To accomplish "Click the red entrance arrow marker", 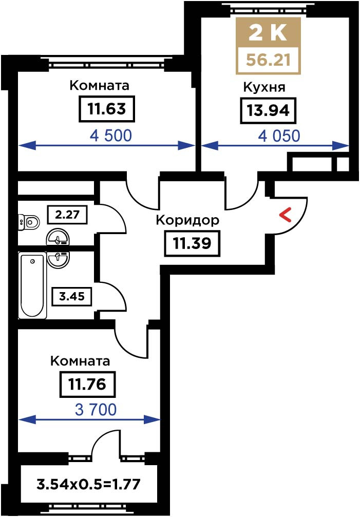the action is (x=286, y=215).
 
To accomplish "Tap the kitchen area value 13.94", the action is (x=268, y=110).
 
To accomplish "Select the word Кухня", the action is (x=264, y=87).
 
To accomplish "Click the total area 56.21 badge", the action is (x=269, y=60).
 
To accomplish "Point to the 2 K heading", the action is (x=268, y=32).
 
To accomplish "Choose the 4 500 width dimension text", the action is (x=111, y=136).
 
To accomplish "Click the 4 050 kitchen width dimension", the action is (x=279, y=136).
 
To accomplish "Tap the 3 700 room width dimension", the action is (x=96, y=410).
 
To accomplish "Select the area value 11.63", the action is (x=107, y=108).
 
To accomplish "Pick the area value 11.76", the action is (x=87, y=385).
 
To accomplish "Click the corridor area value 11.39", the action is (x=192, y=244).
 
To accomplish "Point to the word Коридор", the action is (x=187, y=220).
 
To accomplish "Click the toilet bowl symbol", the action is (x=28, y=222).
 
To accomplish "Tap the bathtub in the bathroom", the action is (x=32, y=285).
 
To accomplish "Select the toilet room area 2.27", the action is (x=68, y=215).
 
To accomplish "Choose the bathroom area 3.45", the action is (x=72, y=296).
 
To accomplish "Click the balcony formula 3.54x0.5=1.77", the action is (x=88, y=485).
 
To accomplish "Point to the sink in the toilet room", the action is (x=58, y=237).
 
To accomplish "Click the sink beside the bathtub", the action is (x=59, y=259).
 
